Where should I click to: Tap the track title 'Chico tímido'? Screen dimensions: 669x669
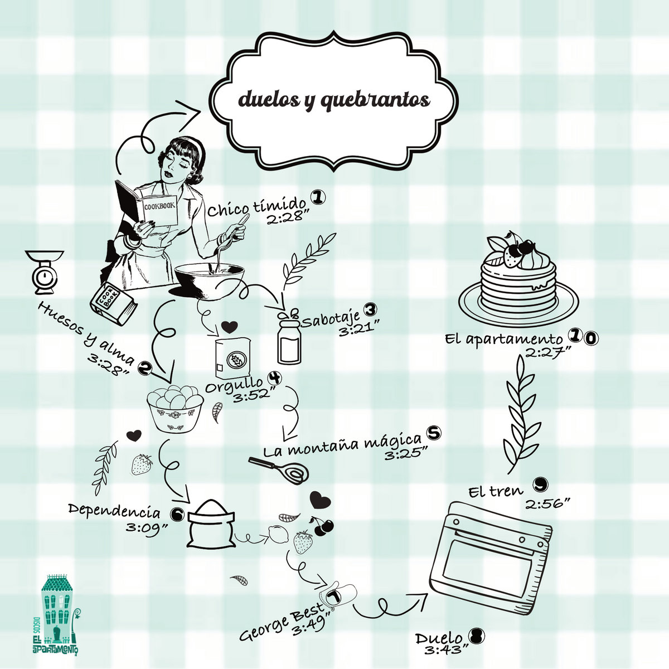pos(257,207)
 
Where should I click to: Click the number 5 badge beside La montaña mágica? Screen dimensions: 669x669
pos(433,432)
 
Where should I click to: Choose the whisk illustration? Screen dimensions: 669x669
pos(279,470)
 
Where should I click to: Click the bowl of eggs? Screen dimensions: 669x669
pos(175,408)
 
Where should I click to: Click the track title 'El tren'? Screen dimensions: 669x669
pos(496,491)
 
